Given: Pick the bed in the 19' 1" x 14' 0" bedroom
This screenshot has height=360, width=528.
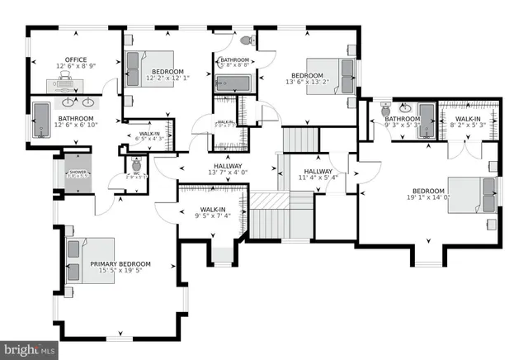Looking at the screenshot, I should pos(472,195).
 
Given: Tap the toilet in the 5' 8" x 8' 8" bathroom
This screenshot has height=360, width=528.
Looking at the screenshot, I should pos(245,40).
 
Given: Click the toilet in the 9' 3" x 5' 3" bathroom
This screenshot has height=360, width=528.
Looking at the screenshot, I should pos(384,109).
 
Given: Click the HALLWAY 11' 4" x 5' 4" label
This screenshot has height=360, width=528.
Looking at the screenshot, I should pos(317,171).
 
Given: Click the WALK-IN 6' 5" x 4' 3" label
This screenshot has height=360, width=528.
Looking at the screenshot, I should pos(149,134).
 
